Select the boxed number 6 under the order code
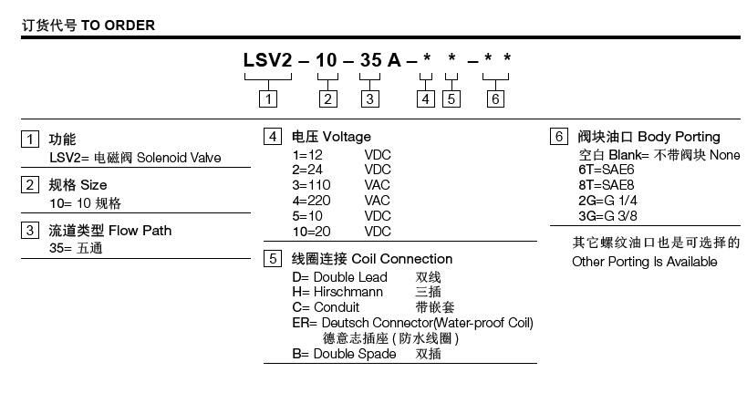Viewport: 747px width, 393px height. pyautogui.click(x=494, y=98)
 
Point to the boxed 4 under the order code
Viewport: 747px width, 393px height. pyautogui.click(x=426, y=98)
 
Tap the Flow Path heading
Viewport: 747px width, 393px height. pyautogui.click(x=138, y=230)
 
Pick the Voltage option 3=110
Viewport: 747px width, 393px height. pyautogui.click(x=311, y=185)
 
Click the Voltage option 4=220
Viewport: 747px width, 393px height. pyautogui.click(x=311, y=200)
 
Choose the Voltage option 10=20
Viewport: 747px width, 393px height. pyautogui.click(x=311, y=232)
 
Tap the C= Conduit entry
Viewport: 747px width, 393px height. pyautogui.click(x=325, y=306)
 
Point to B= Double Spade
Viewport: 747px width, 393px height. pyautogui.click(x=344, y=353)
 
